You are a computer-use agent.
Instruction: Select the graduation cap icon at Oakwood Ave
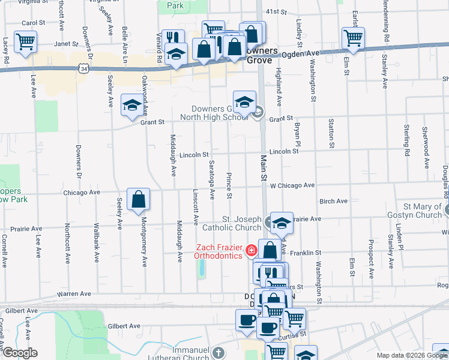pos(132,106)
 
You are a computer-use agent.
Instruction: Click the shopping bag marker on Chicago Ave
pos(138,200)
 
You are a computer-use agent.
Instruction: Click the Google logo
pos(19,353)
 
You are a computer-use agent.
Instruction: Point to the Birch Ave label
pos(334,202)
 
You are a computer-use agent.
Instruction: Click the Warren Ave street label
pos(74,294)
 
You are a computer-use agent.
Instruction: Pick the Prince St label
pos(229,185)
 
